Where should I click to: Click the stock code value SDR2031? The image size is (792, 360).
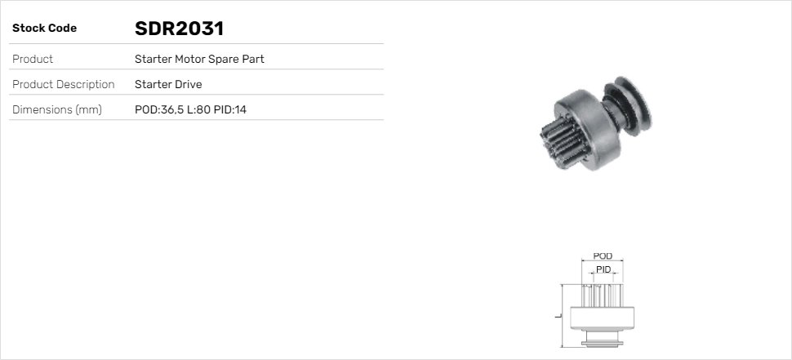pos(179,29)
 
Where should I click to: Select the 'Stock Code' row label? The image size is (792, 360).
pos(44,29)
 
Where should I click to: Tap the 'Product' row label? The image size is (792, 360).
pos(33,60)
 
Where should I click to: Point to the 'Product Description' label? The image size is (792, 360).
pos(64,85)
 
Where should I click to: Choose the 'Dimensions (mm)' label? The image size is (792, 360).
pos(57,110)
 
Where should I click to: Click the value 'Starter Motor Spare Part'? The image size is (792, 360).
pos(199,60)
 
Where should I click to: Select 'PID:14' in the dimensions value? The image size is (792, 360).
pos(230,110)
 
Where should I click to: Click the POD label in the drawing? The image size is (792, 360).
pos(603,256)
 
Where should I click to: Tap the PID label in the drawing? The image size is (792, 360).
pos(603,269)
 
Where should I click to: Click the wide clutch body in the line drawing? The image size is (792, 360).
pos(603,317)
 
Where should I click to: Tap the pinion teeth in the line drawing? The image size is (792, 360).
pos(603,295)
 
